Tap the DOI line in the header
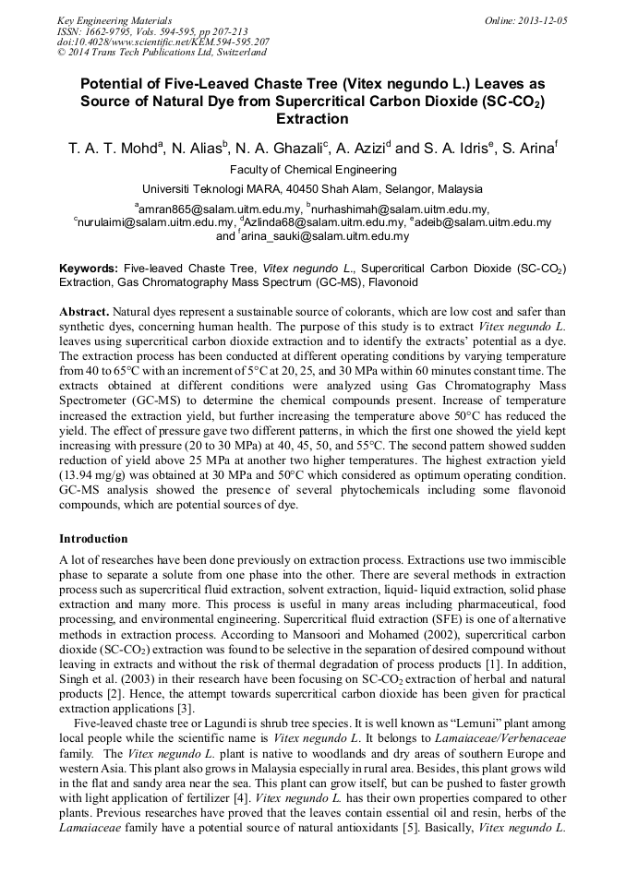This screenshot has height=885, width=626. click(x=163, y=42)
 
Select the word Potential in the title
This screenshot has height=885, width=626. click(x=114, y=83)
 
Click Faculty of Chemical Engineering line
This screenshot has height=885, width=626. click(x=313, y=170)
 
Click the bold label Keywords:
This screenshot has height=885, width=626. click(x=89, y=268)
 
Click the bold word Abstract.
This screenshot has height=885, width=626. click(x=86, y=312)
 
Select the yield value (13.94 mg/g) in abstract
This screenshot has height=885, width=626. click(x=100, y=475)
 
